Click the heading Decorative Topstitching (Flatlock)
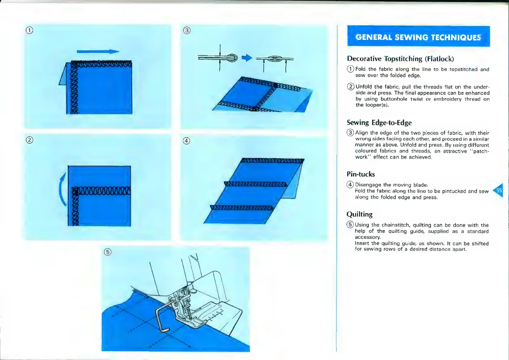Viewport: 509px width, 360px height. [400, 59]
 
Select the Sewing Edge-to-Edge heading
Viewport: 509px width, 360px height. [379, 123]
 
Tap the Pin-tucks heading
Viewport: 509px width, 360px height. [361, 174]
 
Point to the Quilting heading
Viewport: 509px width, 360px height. [359, 215]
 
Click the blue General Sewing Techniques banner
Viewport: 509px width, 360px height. [418, 37]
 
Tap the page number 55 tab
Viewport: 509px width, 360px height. [499, 190]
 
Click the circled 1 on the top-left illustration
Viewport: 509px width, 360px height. [29, 30]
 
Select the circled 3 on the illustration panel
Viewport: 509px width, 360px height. [187, 30]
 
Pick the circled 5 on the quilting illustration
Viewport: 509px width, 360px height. [107, 252]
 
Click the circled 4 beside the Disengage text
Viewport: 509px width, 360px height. [350, 185]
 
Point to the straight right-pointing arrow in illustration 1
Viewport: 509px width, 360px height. [98, 52]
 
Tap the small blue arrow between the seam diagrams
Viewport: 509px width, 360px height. [247, 58]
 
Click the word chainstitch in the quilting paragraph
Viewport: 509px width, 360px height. [396, 225]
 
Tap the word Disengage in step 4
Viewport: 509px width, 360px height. [368, 185]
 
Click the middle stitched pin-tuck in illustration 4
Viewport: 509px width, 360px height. [256, 184]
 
